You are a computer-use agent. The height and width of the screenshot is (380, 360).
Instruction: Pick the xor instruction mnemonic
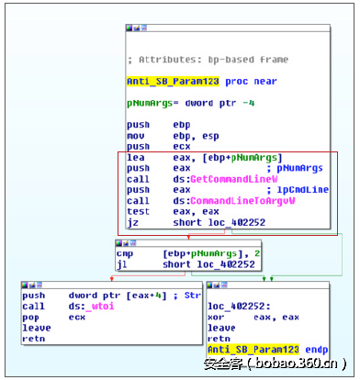[219, 318]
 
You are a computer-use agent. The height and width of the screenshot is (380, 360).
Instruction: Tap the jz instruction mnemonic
[133, 222]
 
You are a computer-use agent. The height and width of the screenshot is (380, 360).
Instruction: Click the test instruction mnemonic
[139, 211]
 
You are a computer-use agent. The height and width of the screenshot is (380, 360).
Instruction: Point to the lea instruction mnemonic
[136, 157]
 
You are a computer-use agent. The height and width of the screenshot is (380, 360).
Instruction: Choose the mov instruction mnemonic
[136, 135]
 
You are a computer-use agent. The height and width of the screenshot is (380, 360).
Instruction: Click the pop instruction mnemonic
[31, 317]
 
